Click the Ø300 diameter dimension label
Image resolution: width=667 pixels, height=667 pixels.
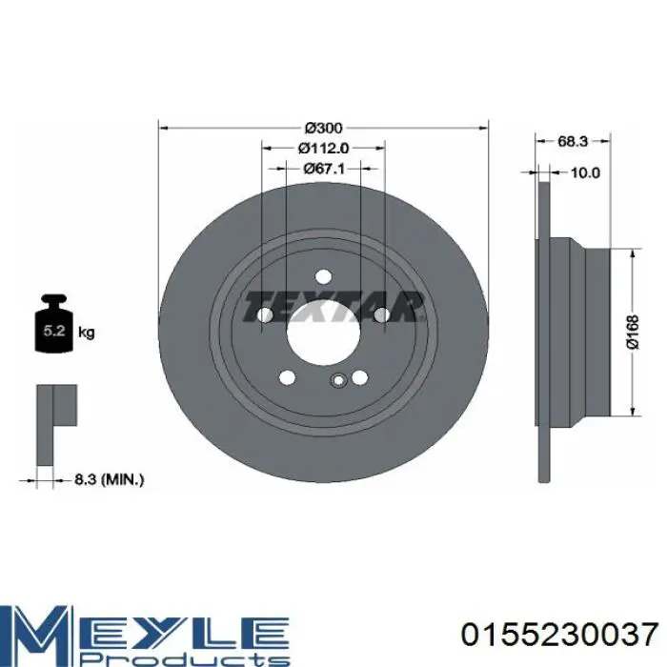point(324,128)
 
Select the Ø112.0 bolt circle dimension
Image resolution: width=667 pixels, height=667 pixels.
point(323,148)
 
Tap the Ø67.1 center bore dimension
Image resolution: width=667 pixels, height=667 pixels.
point(324,169)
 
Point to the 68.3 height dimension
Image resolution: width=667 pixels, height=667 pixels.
point(573,141)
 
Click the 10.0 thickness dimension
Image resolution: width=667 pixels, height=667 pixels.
point(585,172)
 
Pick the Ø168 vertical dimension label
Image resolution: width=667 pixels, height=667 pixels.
point(633,332)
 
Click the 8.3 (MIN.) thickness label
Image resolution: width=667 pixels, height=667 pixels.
point(110,480)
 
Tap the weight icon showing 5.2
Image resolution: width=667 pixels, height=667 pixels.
point(53,323)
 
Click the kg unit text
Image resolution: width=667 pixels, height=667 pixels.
point(87,333)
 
